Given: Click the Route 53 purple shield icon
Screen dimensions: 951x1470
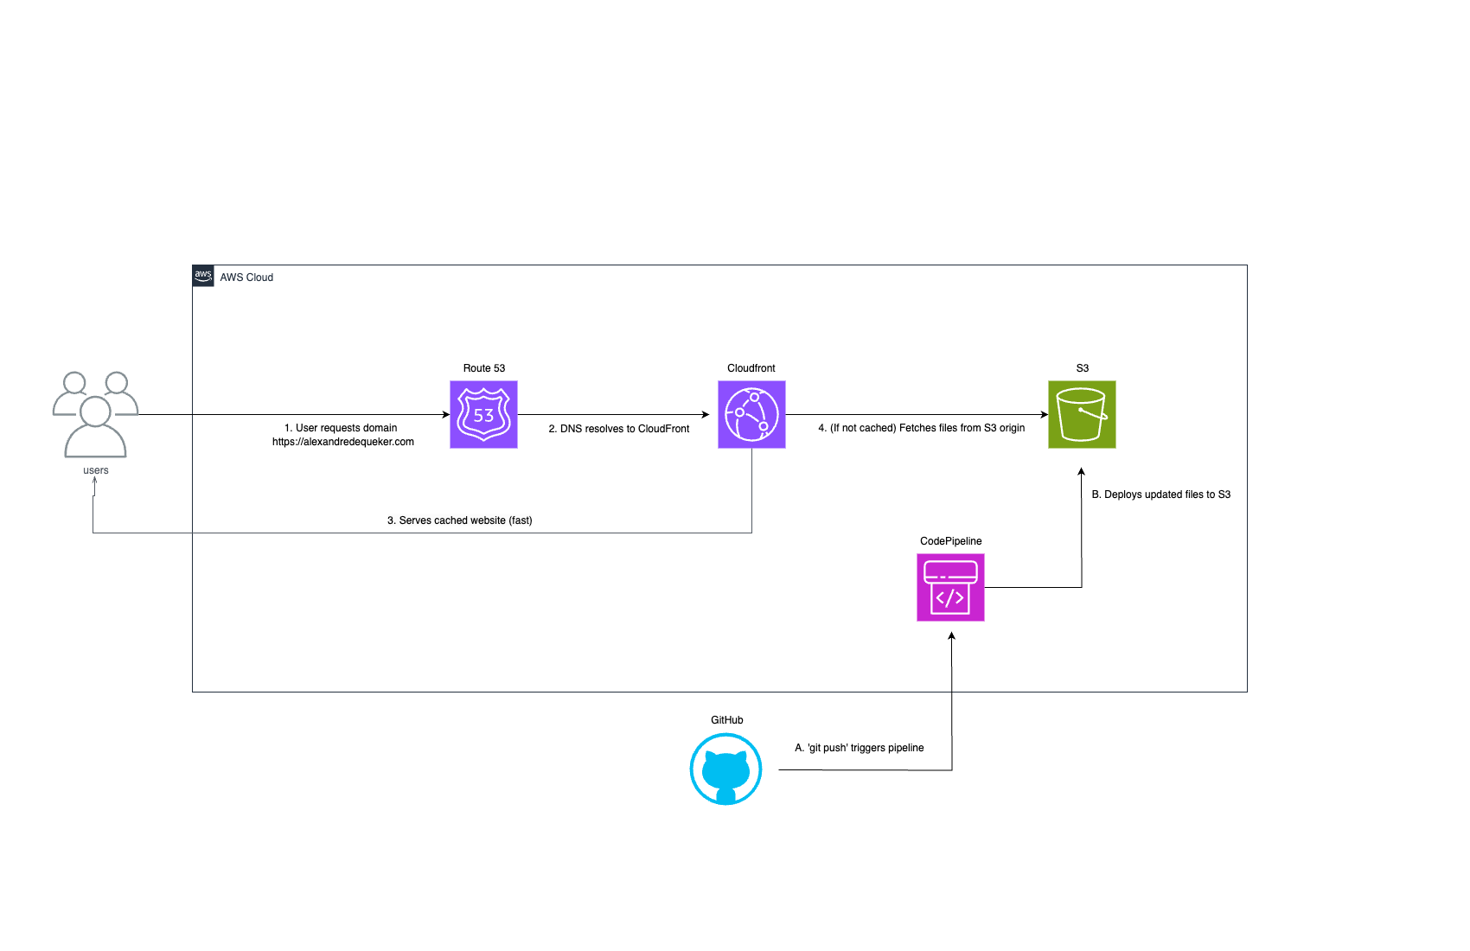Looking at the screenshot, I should [x=483, y=415].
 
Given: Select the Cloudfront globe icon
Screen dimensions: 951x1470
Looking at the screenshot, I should [x=751, y=415].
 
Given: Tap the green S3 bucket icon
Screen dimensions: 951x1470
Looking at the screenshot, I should [x=1082, y=415].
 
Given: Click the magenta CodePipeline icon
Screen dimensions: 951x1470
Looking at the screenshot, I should [x=950, y=588].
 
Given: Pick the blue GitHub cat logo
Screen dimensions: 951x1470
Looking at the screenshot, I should [x=725, y=769].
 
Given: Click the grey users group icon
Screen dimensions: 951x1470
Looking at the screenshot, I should [x=95, y=415].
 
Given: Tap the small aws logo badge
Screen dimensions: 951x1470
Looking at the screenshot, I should [x=203, y=277].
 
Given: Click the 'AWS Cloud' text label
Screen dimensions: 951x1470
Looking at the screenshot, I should [x=246, y=278].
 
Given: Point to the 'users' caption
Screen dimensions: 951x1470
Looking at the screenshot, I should [x=96, y=470].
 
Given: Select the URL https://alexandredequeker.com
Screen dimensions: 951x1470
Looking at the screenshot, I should [x=343, y=442].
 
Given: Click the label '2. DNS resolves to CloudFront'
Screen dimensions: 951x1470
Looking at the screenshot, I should [x=619, y=429].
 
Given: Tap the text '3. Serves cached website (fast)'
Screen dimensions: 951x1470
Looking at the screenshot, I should [x=459, y=520].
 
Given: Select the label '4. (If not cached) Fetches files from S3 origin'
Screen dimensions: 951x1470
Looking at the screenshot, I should [x=922, y=428].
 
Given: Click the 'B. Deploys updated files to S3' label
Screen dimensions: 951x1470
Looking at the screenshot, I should [x=1160, y=495].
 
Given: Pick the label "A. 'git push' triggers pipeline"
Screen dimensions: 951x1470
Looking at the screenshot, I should [x=860, y=748].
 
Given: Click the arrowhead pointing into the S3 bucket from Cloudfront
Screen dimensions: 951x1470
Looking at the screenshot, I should [x=1044, y=415].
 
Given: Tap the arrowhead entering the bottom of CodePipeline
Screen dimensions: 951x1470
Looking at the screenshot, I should [x=951, y=636].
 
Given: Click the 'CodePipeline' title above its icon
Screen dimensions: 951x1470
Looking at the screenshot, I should [x=950, y=541].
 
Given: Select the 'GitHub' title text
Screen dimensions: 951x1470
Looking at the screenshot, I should [x=726, y=720].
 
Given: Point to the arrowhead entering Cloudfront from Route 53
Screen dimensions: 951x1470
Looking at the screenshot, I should [x=705, y=415].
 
